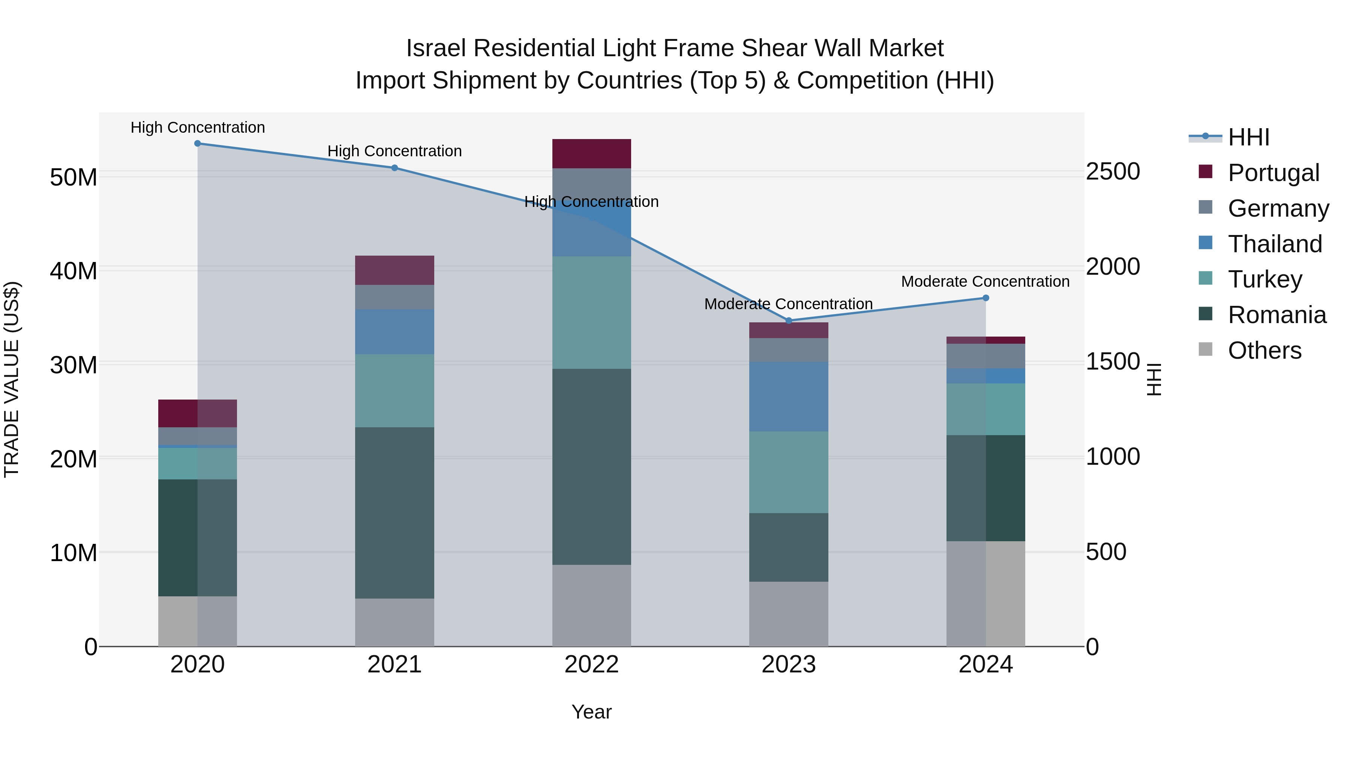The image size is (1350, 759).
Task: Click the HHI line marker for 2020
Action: click(198, 144)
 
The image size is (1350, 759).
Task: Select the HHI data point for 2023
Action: click(789, 320)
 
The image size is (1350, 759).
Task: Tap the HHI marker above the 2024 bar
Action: click(986, 298)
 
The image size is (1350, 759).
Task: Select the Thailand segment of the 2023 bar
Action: click(789, 396)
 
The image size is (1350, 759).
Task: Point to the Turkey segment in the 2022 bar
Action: click(592, 312)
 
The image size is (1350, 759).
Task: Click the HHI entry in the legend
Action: click(1248, 137)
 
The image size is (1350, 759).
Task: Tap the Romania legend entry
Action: click(1276, 315)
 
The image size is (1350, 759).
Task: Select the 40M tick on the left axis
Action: click(73, 271)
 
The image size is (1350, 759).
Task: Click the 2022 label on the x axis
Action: click(592, 665)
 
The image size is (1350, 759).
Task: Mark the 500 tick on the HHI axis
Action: click(1106, 552)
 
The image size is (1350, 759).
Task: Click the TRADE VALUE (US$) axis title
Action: click(12, 379)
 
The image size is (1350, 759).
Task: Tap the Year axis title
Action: click(592, 712)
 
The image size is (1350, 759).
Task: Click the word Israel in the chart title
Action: click(436, 48)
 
